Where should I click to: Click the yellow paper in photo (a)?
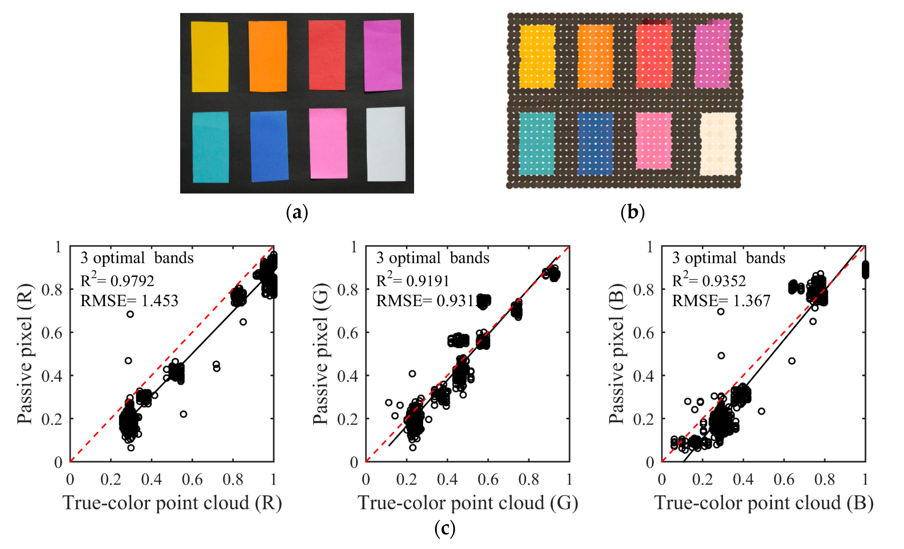coord(210,57)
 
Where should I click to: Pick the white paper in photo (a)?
coord(386,144)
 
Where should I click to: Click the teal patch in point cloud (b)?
coord(537,144)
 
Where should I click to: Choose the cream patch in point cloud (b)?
coord(718,144)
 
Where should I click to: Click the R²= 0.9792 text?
coord(117,280)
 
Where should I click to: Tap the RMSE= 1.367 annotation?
coord(721,301)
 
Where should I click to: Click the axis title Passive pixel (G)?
coord(321,354)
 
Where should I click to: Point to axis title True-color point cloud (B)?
coord(764,503)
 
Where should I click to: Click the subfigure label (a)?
coord(297,212)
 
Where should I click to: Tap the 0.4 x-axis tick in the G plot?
coord(447,479)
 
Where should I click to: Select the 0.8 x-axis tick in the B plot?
coord(824,479)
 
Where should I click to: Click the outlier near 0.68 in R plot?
coord(130,314)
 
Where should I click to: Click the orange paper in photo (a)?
coord(268,56)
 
